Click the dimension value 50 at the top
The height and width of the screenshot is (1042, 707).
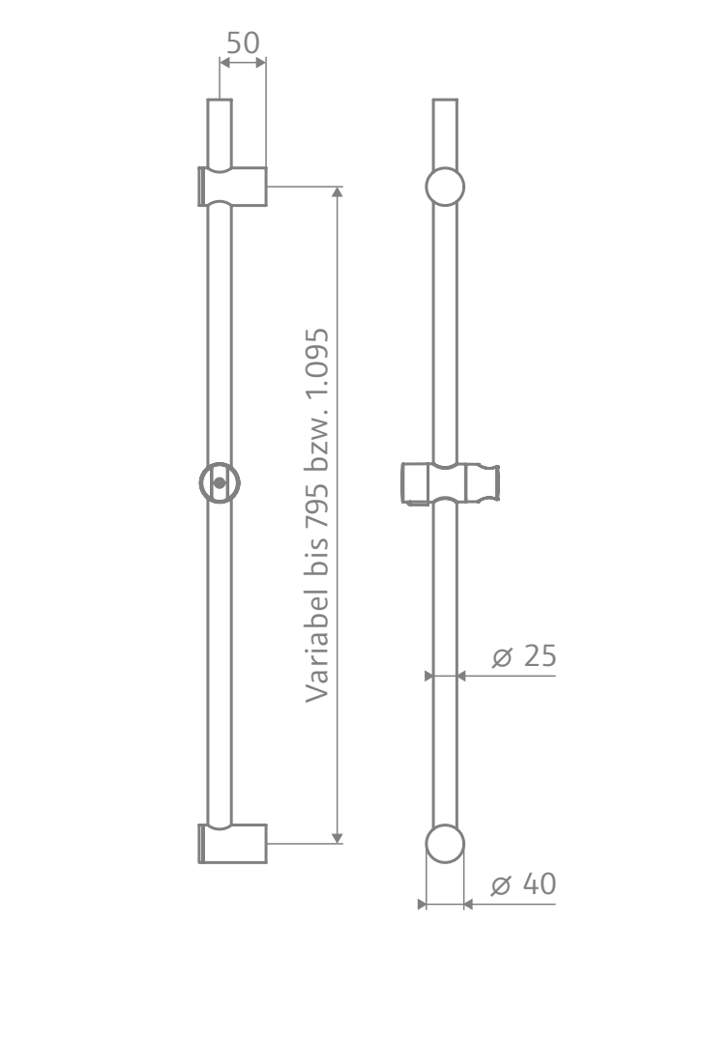(x=243, y=43)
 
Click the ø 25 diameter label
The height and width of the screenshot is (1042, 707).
(x=524, y=656)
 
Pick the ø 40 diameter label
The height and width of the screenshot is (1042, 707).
(x=524, y=884)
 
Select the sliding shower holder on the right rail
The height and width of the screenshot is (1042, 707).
(x=451, y=482)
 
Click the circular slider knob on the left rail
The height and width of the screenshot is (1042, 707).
(x=221, y=481)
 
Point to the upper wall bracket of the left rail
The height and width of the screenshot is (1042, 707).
(x=232, y=185)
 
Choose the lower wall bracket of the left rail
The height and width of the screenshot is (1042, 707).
(x=232, y=843)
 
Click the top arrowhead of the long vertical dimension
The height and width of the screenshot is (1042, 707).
(x=337, y=191)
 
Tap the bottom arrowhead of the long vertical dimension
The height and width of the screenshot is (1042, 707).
(x=337, y=837)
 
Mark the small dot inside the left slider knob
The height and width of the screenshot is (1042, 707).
(x=221, y=481)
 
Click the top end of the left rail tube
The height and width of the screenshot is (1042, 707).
(x=221, y=102)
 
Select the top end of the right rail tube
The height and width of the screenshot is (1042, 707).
(x=445, y=102)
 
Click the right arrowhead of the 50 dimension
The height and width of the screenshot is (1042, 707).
(x=260, y=63)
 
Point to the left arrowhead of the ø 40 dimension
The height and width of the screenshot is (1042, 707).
(x=422, y=905)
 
